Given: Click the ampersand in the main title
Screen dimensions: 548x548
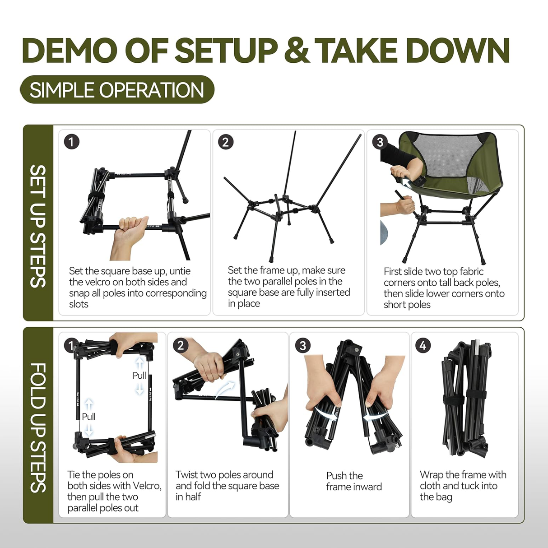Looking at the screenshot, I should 297,51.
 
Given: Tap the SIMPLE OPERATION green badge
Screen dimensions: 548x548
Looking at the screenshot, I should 117,90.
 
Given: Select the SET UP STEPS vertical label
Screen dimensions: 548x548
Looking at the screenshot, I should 38,226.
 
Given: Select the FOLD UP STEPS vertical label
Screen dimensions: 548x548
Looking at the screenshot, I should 38,427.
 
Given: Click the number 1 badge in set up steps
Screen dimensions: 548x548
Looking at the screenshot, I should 71,142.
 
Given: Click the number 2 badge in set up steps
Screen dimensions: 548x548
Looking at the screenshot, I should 226,142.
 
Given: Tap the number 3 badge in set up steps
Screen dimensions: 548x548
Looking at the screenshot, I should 380,142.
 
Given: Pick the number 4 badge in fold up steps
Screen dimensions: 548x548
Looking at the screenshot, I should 423,346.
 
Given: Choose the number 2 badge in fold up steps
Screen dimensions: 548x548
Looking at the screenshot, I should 181,346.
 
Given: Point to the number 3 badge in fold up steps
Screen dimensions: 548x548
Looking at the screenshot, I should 302,346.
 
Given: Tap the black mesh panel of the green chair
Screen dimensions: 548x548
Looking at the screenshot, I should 451,156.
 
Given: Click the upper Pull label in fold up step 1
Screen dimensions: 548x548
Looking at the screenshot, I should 139,376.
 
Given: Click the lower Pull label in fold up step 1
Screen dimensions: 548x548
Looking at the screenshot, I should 88,417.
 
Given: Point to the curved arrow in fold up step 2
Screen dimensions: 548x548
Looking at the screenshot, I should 225,389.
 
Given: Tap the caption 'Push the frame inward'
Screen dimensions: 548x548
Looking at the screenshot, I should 354,481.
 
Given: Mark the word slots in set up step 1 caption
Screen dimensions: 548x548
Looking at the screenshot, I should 79,304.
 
